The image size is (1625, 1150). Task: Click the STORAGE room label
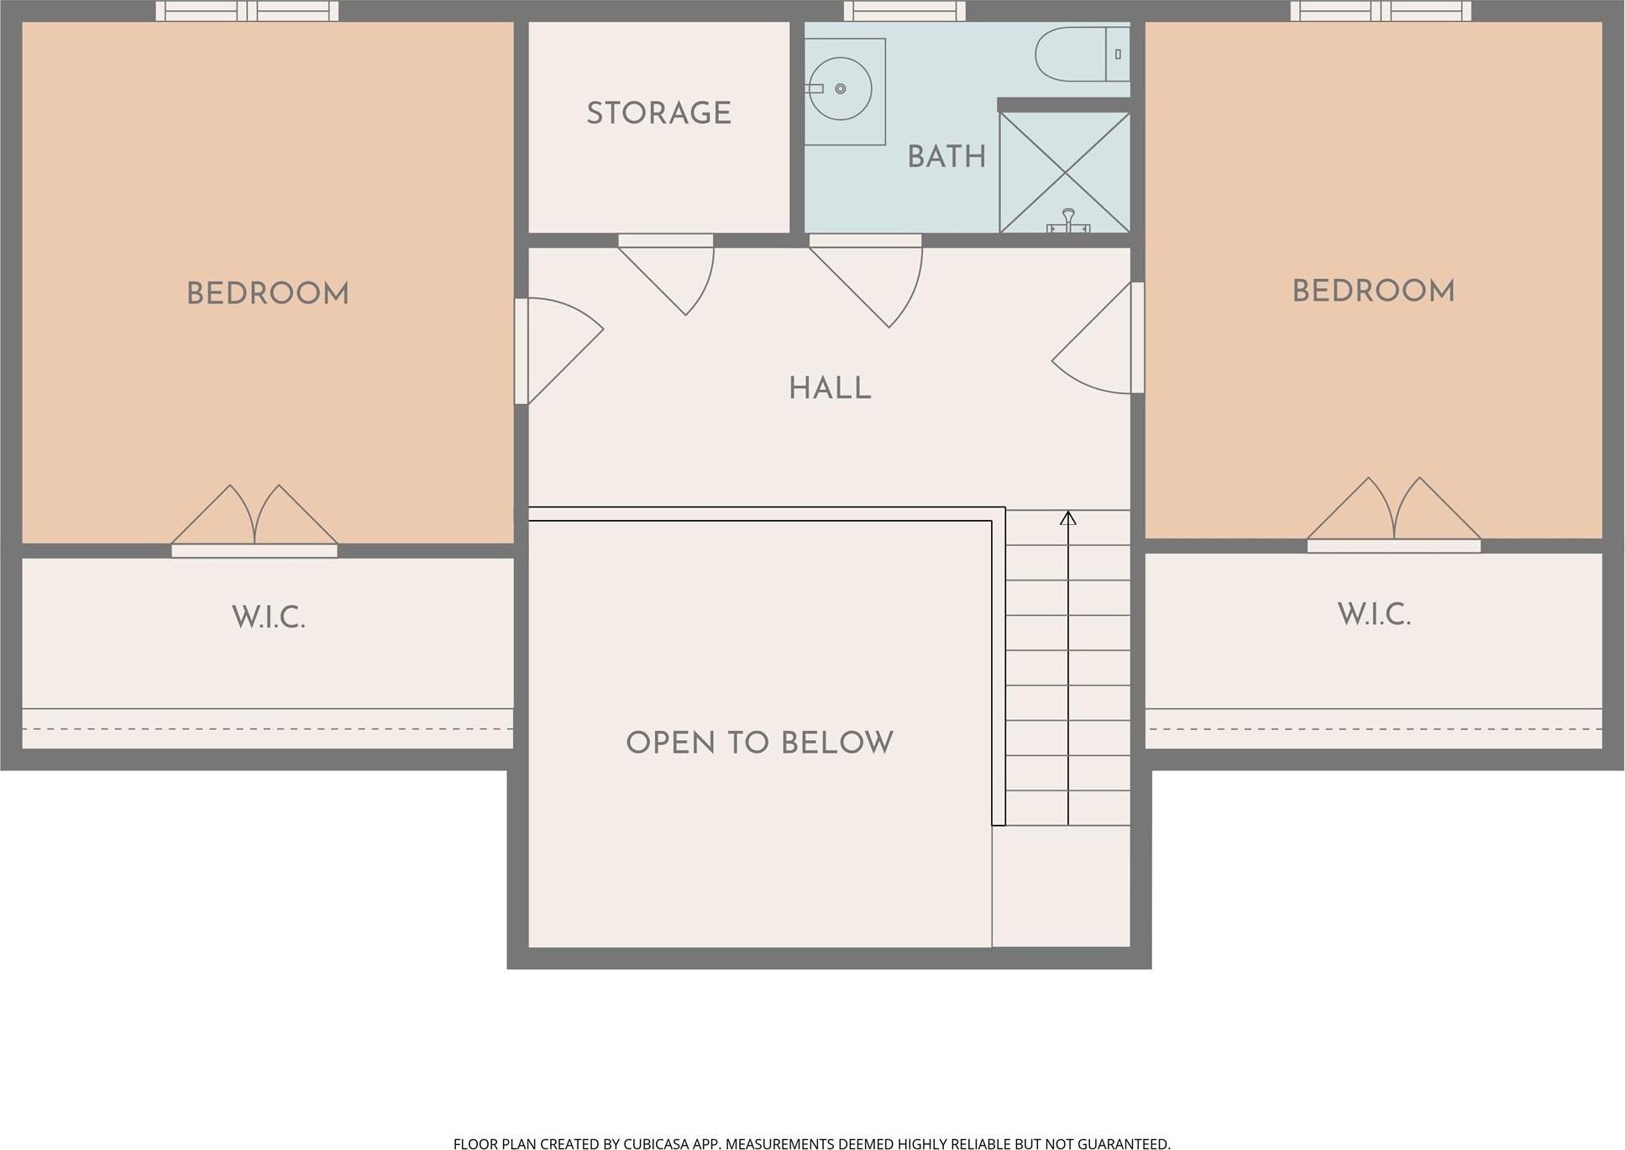click(658, 113)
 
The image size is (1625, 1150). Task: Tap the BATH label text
click(946, 157)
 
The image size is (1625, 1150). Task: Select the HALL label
click(830, 389)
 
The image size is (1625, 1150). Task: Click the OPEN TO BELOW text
click(759, 743)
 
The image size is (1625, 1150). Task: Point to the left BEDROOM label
click(268, 294)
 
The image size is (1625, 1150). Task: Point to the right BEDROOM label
click(1373, 291)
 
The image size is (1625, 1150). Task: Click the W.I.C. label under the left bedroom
click(268, 617)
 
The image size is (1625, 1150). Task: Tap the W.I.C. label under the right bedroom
click(1374, 614)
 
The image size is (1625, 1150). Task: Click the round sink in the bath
click(840, 88)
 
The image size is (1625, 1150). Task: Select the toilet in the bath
click(1082, 55)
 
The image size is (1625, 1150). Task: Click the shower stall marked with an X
click(1065, 172)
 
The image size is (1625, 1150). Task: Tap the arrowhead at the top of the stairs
click(1068, 517)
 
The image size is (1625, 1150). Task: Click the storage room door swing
click(667, 275)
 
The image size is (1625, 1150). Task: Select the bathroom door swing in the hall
click(866, 281)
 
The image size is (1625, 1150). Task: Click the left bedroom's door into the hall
click(558, 351)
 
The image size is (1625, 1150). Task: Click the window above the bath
click(904, 11)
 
